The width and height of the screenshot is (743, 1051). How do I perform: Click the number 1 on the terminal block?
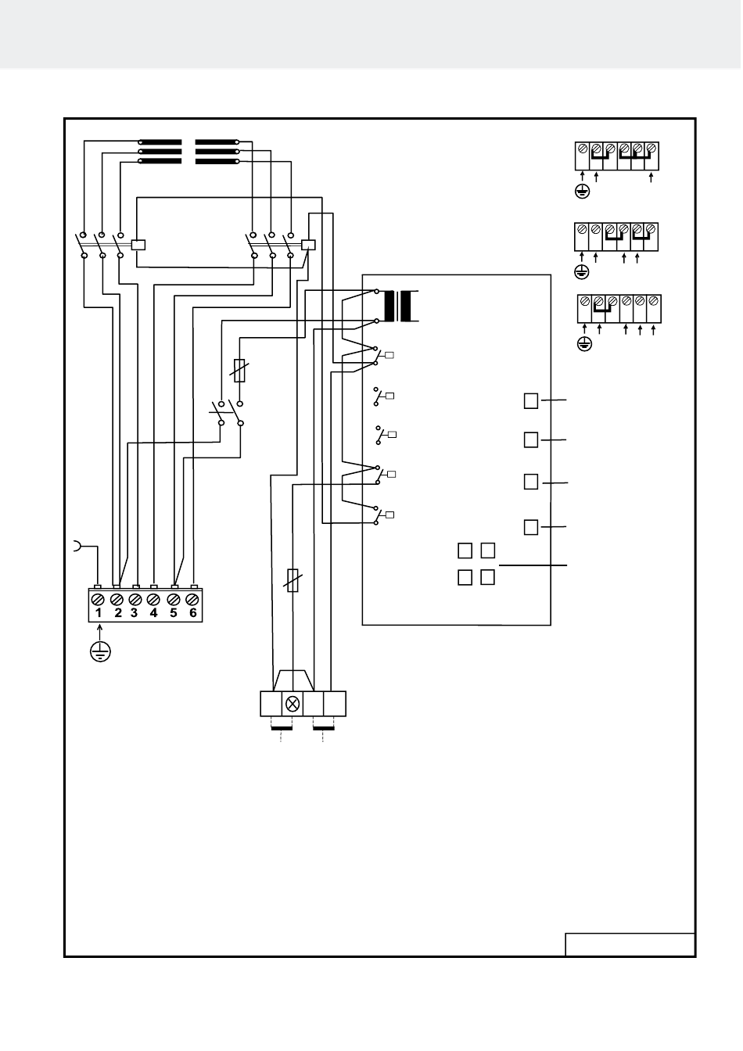click(x=99, y=613)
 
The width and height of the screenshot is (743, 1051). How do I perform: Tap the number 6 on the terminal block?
click(x=192, y=613)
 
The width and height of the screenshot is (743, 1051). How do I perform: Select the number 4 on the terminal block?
click(x=153, y=613)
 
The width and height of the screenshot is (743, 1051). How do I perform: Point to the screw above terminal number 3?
click(x=135, y=599)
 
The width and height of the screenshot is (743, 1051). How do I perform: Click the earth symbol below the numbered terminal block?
click(x=100, y=652)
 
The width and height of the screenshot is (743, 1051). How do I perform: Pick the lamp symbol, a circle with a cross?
click(x=293, y=704)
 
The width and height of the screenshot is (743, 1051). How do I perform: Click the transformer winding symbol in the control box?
click(x=398, y=306)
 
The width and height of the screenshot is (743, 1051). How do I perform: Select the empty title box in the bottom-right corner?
click(x=630, y=944)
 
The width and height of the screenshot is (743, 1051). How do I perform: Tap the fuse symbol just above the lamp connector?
click(x=293, y=580)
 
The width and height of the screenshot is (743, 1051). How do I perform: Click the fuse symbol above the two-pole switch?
click(x=239, y=371)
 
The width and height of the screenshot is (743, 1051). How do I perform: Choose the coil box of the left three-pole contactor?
click(x=138, y=245)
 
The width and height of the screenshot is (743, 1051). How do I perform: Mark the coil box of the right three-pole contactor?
click(x=308, y=245)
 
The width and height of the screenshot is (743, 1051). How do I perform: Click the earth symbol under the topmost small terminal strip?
click(x=583, y=192)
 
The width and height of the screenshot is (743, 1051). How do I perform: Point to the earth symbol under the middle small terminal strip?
click(x=582, y=272)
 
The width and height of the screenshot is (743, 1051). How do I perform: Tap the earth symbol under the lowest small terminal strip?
click(x=584, y=344)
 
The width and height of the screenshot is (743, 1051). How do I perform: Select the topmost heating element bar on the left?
click(x=160, y=142)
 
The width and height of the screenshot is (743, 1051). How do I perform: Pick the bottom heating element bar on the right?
click(x=217, y=161)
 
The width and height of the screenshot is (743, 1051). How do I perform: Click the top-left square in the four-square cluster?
click(x=465, y=551)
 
